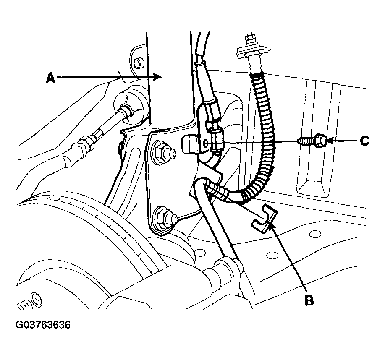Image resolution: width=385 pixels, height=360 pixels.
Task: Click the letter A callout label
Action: coord(51,78)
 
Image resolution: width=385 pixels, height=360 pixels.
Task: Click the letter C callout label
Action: coord(364,141)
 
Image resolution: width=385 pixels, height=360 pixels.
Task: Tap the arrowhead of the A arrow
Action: coord(157,77)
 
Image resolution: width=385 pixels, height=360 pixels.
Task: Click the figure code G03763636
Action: coord(43,325)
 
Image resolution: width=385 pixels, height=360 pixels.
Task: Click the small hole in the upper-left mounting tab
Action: coord(138,63)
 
